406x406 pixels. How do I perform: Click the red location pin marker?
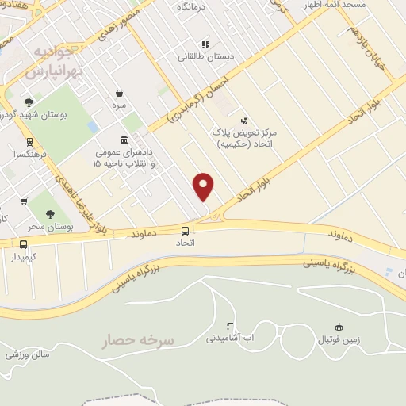point(204,186)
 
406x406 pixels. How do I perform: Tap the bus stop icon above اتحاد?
point(185,231)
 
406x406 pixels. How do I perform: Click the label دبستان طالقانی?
point(205,57)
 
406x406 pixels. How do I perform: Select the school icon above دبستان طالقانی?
point(205,44)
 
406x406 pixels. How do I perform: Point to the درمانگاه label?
point(191,6)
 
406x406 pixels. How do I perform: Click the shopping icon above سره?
point(119,93)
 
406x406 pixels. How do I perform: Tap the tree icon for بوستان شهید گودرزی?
point(29,102)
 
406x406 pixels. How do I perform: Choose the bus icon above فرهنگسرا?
point(29,143)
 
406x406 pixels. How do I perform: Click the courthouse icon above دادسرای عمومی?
point(124,140)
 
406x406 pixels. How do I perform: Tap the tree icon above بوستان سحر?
point(50,214)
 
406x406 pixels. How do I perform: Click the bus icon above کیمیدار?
point(24,245)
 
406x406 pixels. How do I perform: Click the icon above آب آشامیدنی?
point(230,326)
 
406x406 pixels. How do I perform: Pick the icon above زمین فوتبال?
point(339,327)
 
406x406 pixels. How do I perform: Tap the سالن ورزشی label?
point(24,354)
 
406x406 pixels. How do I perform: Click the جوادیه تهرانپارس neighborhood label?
point(54,62)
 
